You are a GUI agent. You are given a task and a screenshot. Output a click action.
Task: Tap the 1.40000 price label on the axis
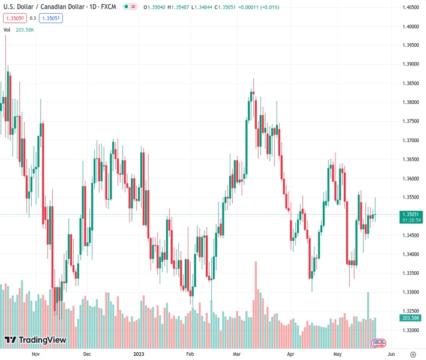[x=411, y=26]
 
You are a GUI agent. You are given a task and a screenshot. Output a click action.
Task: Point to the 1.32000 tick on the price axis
[x=411, y=330]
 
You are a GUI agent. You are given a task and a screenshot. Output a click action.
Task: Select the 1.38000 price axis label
[x=411, y=102]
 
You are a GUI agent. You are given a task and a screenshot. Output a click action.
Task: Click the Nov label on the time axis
[x=35, y=355]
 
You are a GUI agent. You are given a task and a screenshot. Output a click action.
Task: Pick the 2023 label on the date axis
[x=139, y=355]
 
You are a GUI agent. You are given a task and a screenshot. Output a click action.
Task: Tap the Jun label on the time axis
[x=391, y=355]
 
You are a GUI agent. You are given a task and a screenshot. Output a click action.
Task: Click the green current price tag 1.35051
[x=411, y=214]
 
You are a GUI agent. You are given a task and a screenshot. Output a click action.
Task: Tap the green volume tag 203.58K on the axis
[x=411, y=317]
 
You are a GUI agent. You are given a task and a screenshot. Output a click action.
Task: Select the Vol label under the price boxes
[x=7, y=29]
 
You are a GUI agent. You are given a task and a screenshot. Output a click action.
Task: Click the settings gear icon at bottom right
[x=413, y=355]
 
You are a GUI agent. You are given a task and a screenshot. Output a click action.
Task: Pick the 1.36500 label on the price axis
[x=411, y=159]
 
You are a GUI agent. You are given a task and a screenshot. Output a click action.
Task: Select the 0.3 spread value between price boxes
[x=32, y=18]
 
